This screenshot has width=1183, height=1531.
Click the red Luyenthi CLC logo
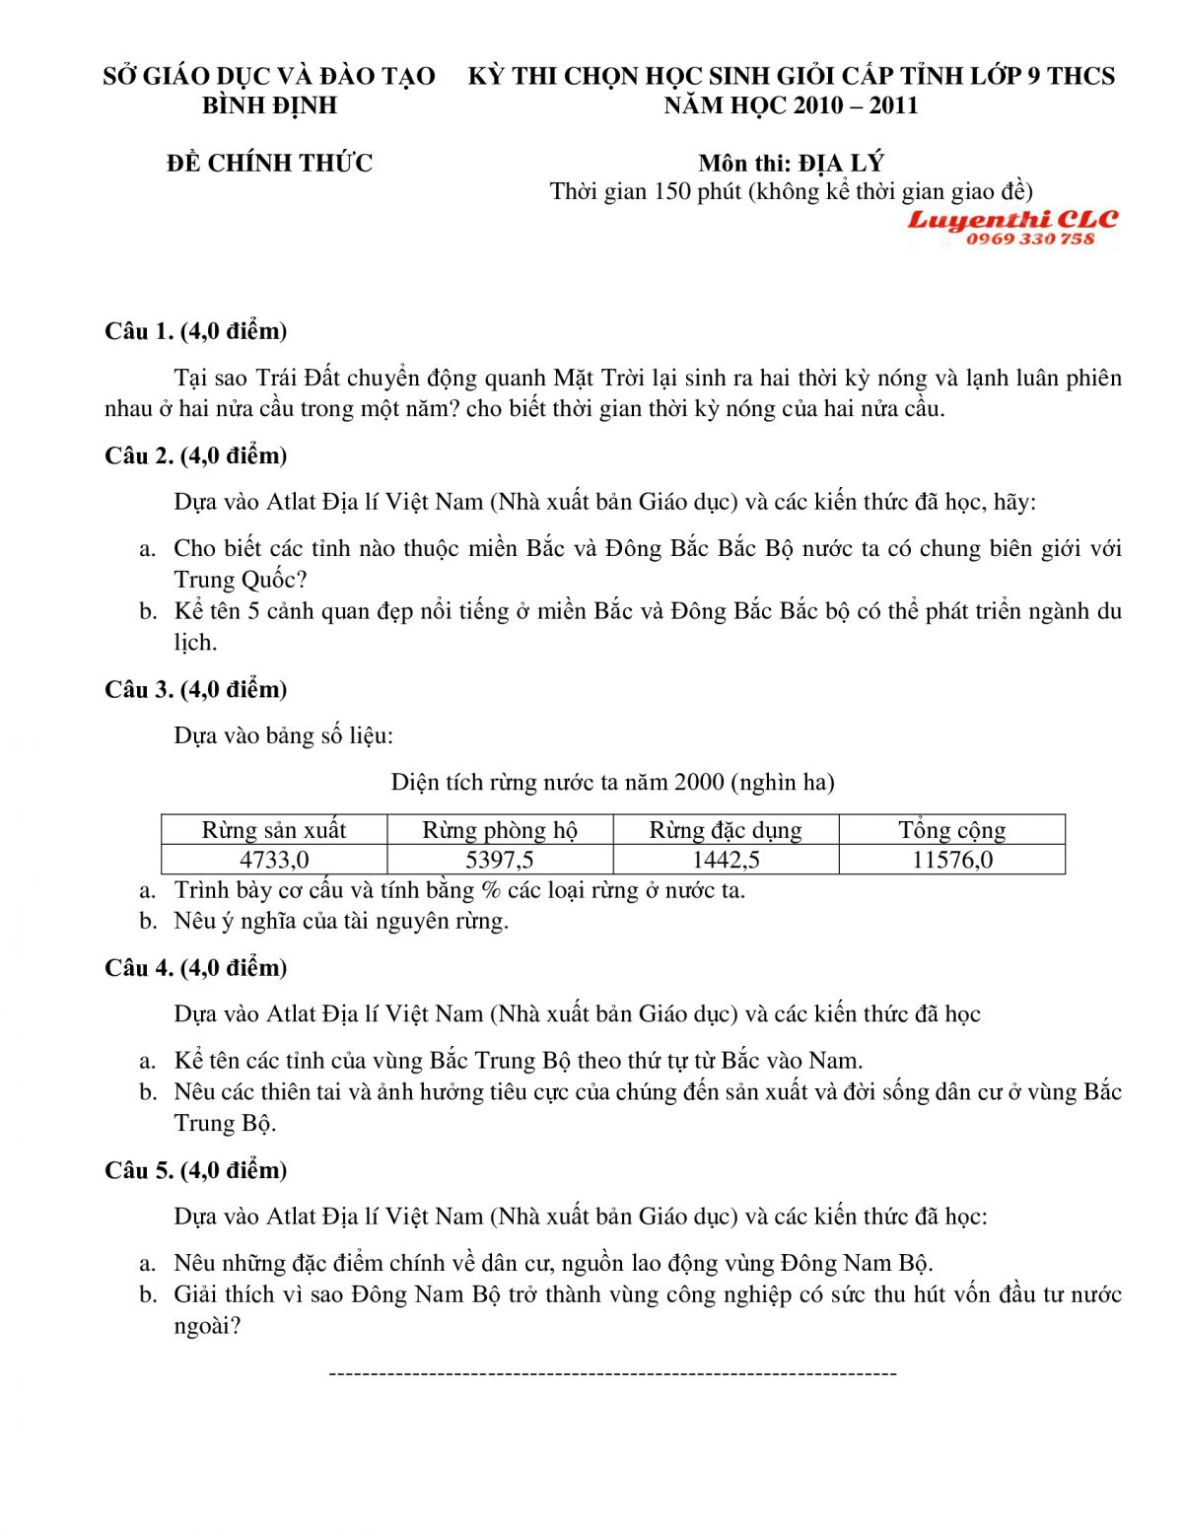pos(1012,219)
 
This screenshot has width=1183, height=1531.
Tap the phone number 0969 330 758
pos(1030,239)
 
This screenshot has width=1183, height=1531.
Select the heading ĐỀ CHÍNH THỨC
pos(269,163)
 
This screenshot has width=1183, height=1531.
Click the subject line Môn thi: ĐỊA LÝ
pos(791,163)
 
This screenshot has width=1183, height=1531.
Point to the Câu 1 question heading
pos(195,331)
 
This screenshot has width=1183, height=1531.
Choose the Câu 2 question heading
pos(195,455)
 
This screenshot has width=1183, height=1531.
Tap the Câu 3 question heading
pos(195,689)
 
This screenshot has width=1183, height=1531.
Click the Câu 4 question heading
pos(195,968)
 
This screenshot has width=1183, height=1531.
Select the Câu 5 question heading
pos(195,1170)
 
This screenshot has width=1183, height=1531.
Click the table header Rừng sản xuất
pos(274,830)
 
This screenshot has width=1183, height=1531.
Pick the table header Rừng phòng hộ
pos(500,830)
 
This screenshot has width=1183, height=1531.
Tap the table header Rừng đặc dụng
pos(726,830)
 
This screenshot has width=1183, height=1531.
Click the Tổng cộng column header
pos(952,830)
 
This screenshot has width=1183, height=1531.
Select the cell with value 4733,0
pos(274,860)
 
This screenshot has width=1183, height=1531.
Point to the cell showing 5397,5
pos(500,860)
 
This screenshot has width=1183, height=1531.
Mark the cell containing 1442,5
pos(726,860)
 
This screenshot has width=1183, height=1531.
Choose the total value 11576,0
pos(952,860)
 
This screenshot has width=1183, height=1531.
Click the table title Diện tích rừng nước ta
pos(612,783)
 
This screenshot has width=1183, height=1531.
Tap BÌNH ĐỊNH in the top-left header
pos(269,105)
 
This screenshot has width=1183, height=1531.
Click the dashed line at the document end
pos(612,1373)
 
